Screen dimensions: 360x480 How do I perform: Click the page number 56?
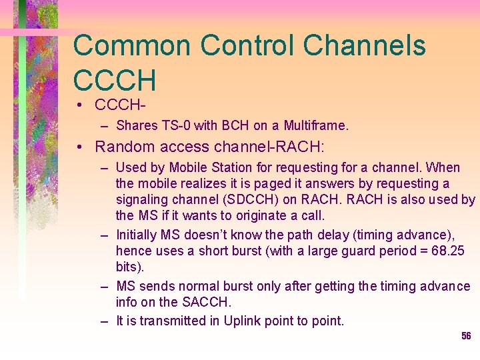point(466,337)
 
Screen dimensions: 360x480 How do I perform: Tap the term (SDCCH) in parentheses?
point(253,199)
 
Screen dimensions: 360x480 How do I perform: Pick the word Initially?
point(136,234)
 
